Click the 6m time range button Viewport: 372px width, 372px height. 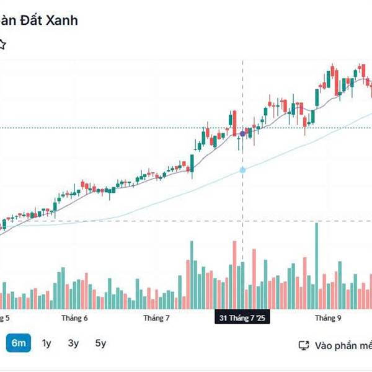[x=19, y=343]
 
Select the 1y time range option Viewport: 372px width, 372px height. [x=47, y=343]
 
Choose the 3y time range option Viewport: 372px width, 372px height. [x=74, y=343]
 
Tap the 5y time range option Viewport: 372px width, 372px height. [x=100, y=343]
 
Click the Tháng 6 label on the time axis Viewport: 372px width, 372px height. [x=74, y=318]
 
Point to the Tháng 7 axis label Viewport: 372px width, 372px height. [x=156, y=318]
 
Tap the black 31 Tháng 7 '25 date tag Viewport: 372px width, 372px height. [x=242, y=318]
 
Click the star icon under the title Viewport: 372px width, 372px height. [x=2, y=45]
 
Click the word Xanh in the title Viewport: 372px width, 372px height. [x=61, y=20]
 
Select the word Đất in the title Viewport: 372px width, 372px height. [x=30, y=20]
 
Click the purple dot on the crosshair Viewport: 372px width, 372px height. [x=242, y=133]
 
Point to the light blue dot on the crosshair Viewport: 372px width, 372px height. [x=242, y=169]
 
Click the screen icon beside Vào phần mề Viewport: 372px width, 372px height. [x=304, y=345]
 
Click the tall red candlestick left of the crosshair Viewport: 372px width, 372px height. [x=234, y=122]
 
